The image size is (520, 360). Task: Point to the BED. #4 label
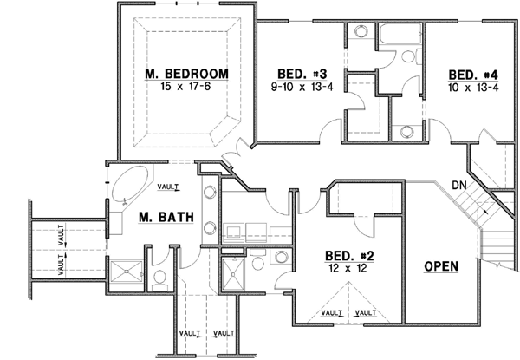pos(471,74)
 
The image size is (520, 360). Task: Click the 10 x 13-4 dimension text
pos(471,87)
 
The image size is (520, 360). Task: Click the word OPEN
pos(441,266)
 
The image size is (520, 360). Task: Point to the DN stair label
pos(459,185)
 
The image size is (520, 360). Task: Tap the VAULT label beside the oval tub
pos(168,185)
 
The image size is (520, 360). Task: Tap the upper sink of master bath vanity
pos(209,193)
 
